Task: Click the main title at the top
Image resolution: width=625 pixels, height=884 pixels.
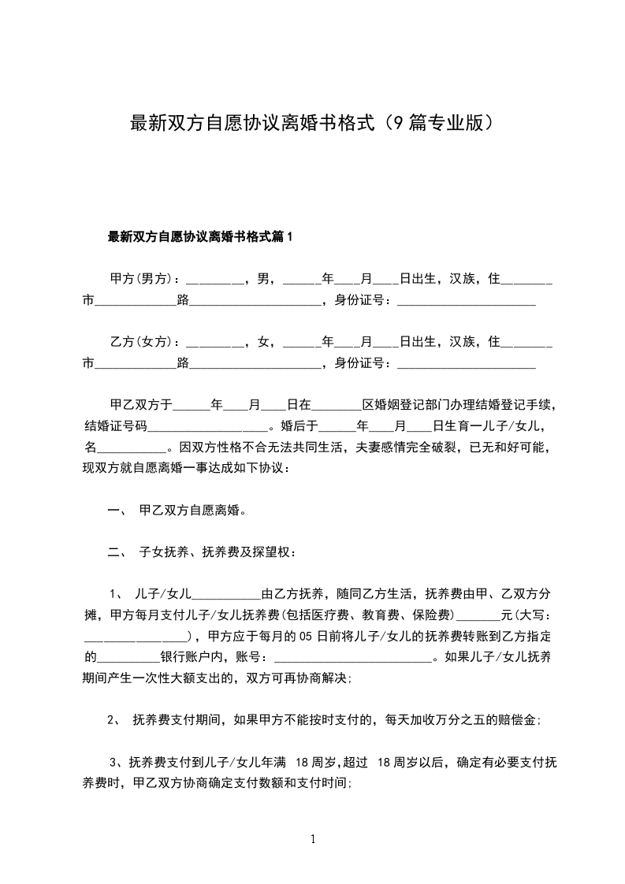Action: pos(312,124)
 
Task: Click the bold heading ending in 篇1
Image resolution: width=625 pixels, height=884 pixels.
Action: pos(199,236)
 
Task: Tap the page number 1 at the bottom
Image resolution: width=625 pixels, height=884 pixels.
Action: pos(313,840)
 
